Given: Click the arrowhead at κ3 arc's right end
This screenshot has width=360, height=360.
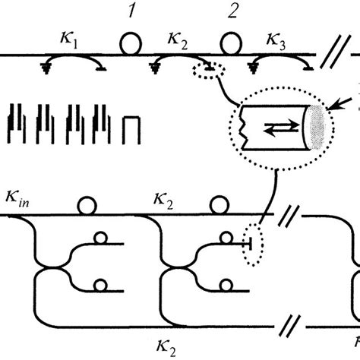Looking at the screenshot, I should click(x=308, y=69).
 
